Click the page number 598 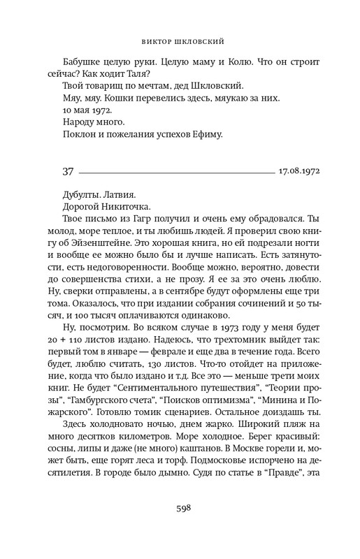coord(180,507)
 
